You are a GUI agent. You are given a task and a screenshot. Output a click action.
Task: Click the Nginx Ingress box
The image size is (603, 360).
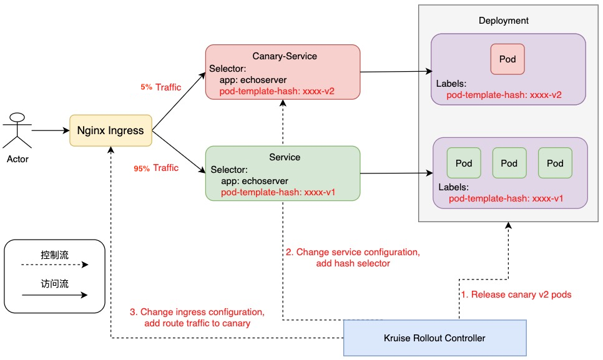[110, 130]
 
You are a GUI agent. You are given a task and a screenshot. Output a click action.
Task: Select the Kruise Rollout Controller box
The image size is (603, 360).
[435, 338]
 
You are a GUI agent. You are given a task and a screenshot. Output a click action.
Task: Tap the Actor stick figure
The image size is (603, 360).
[17, 132]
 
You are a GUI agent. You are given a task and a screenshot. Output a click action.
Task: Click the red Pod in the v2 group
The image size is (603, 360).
[507, 59]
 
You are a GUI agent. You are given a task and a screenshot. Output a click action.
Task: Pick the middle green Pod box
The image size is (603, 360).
[509, 163]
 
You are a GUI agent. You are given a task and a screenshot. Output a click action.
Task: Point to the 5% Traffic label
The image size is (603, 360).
[160, 87]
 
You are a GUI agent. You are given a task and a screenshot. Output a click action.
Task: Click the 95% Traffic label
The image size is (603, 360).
[156, 168]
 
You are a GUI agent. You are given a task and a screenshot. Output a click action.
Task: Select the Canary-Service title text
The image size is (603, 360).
[285, 56]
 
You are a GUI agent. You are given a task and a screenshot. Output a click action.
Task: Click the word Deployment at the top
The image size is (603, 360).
[503, 21]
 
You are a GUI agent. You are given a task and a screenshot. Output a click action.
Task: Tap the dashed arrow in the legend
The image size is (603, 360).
[55, 265]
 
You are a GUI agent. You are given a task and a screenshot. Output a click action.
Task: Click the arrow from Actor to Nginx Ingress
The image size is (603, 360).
[50, 131]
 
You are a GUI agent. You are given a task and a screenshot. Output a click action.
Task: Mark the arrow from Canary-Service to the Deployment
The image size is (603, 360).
[396, 72]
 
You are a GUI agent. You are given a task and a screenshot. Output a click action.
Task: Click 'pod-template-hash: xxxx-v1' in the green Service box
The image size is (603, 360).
[278, 192]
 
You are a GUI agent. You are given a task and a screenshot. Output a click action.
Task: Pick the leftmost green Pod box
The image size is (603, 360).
[464, 163]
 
